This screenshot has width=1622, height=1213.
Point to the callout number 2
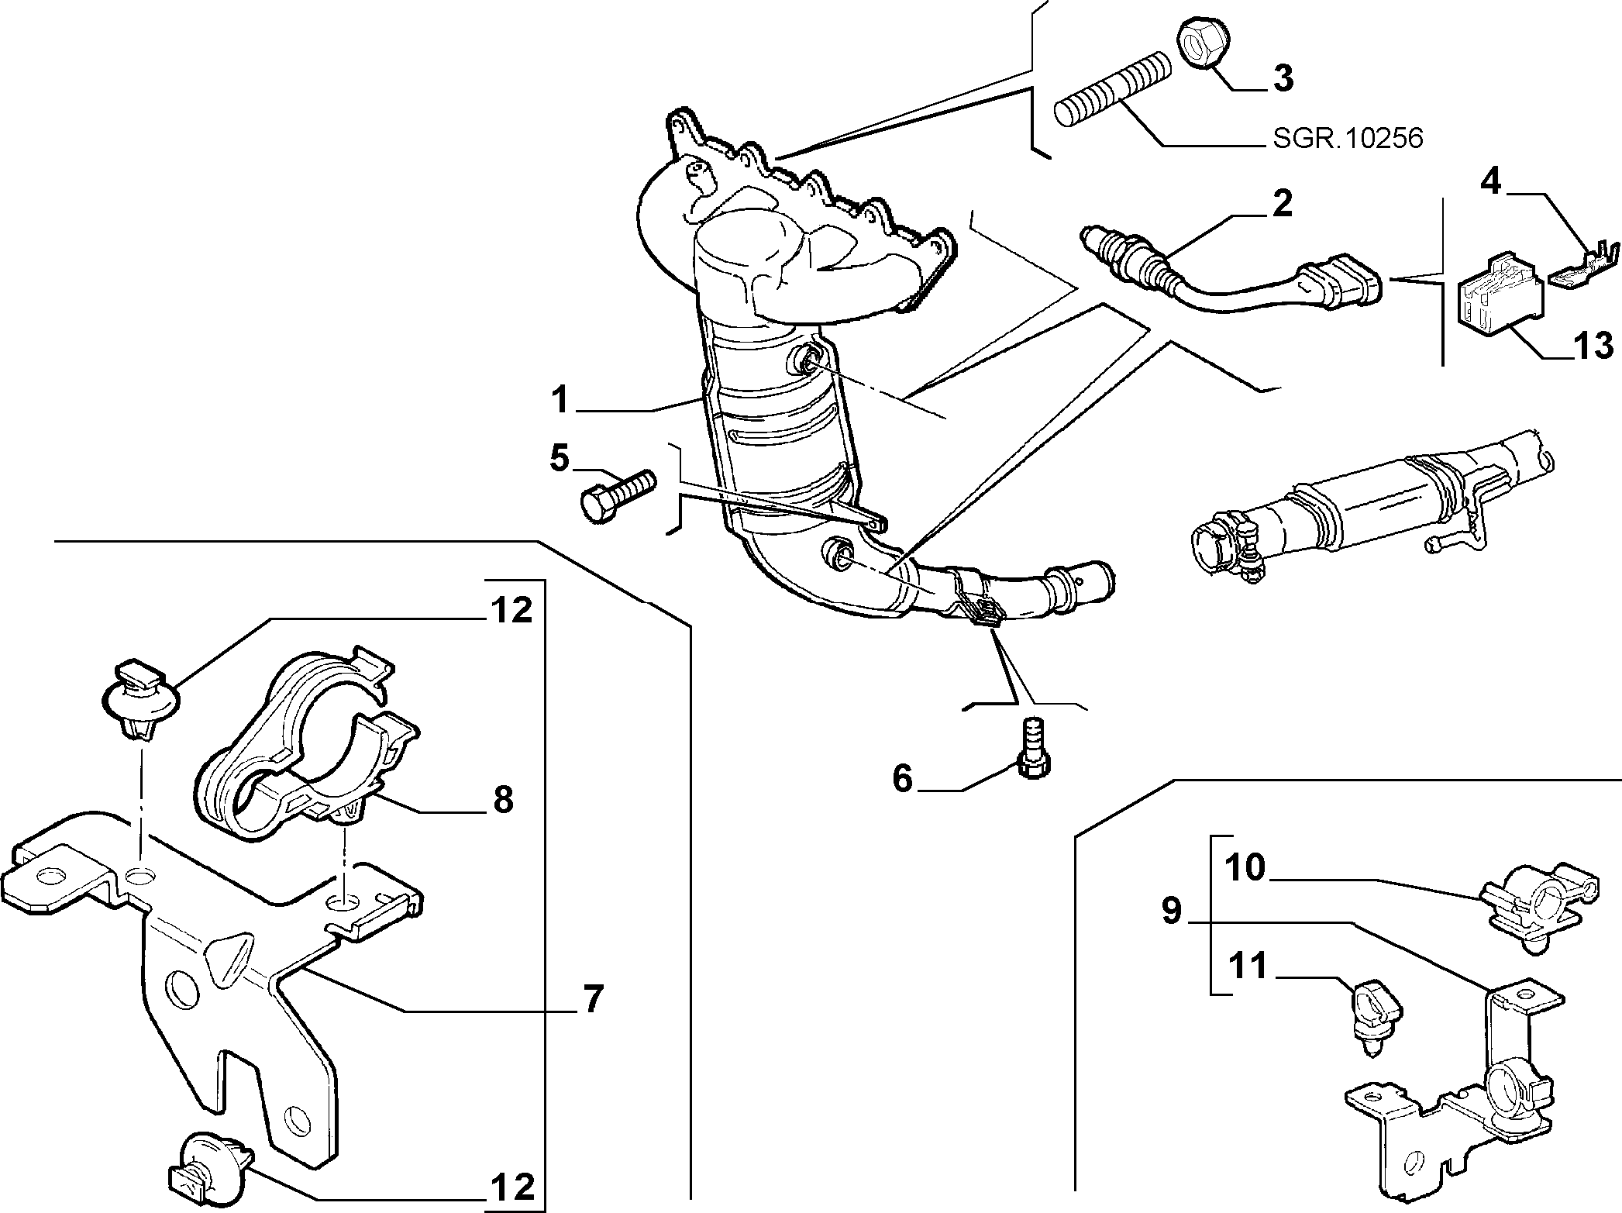coord(1282,204)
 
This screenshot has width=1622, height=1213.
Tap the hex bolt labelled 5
coord(618,496)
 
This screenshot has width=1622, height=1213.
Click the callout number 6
coord(903,777)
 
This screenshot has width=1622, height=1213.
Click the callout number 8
coord(503,799)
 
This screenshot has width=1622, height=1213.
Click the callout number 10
coord(1245,869)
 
